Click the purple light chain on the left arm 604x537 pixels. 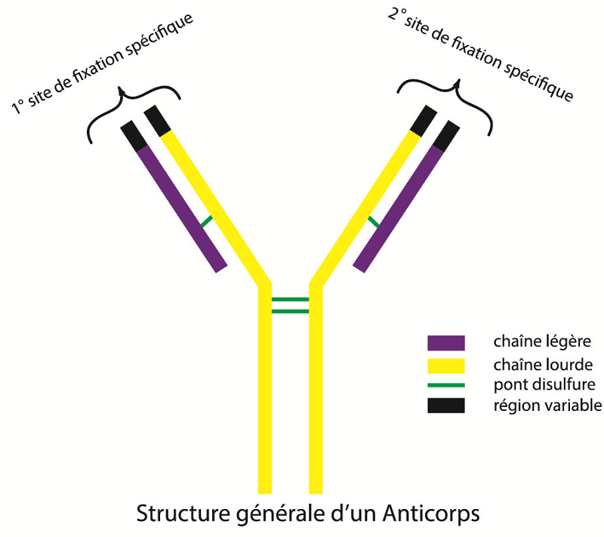click(x=181, y=208)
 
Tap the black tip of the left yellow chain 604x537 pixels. click(x=157, y=119)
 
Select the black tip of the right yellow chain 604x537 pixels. click(x=423, y=119)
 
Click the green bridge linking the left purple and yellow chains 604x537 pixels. click(x=205, y=221)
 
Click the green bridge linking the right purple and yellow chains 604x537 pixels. click(x=373, y=221)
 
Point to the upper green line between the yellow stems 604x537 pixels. click(x=290, y=300)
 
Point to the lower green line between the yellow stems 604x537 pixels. click(x=290, y=310)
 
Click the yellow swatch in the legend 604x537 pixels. click(x=445, y=366)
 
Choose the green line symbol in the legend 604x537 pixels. click(x=445, y=385)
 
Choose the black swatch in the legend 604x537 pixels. click(x=445, y=406)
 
